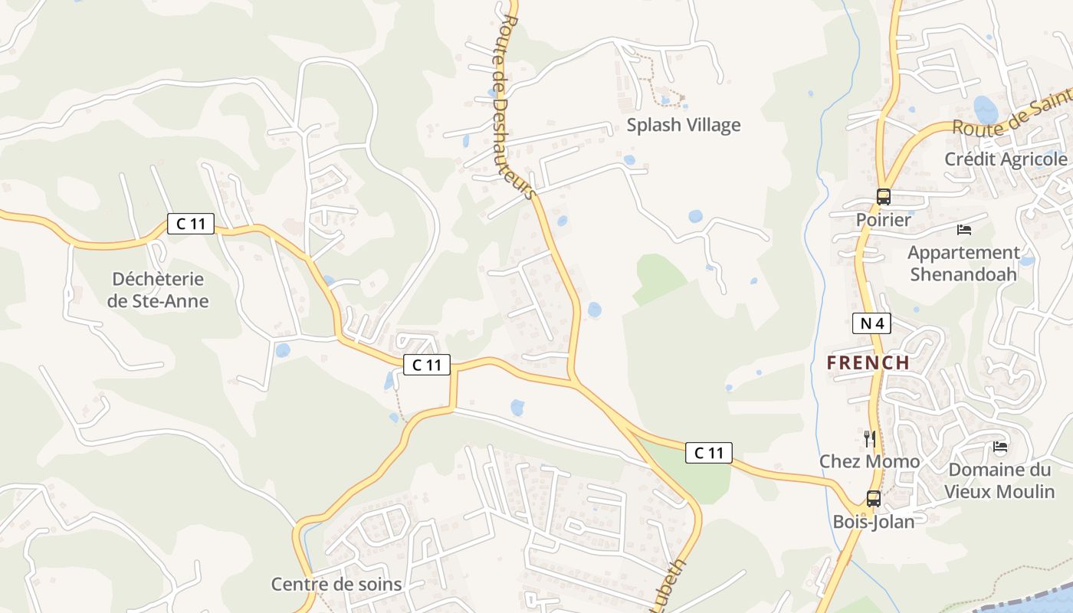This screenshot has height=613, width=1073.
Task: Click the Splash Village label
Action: pos(684,125)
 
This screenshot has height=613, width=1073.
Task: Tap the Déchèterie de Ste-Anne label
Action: pos(158,290)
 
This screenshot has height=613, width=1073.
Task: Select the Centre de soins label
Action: pos(336,585)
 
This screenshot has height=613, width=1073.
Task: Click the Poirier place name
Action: pos(884,220)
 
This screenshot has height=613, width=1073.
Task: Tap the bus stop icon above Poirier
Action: pos(884,197)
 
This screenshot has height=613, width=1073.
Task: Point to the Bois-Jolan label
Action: pos(874,522)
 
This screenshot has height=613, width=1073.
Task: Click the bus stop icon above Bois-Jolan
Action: pos(873,499)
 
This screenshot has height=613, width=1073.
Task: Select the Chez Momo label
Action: pos(870,461)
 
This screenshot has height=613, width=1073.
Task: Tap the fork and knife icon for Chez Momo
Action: pos(869,438)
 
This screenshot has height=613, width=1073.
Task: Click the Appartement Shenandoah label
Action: pos(963,263)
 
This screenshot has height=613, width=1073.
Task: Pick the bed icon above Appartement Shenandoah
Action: pos(964,229)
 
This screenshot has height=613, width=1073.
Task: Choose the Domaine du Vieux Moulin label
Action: pos(999,480)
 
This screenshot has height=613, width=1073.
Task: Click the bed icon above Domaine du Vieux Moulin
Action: pos(999,447)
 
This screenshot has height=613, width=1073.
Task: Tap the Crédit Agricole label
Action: pos(1006,159)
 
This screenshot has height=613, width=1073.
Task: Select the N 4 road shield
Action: pos(871,323)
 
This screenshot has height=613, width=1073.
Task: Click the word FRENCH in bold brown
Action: pos(868,362)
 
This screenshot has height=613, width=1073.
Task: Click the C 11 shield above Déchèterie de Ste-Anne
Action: pos(191,224)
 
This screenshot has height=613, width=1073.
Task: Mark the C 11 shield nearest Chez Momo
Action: pos(709,453)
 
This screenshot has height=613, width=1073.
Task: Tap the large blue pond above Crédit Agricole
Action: pos(986,109)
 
